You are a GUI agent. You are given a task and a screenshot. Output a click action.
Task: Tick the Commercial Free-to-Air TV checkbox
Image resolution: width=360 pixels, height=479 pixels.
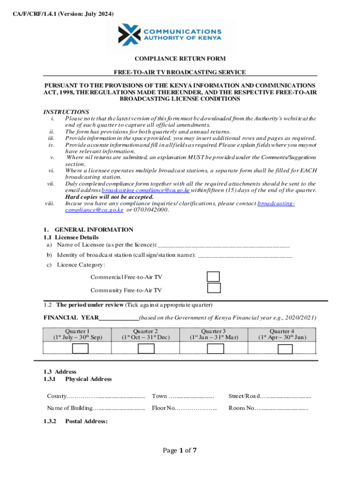(214, 276)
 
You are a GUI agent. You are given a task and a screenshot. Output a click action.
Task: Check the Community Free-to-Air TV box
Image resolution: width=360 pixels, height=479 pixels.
(214, 288)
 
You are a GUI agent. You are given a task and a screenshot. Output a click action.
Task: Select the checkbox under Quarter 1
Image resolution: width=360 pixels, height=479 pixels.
(80, 349)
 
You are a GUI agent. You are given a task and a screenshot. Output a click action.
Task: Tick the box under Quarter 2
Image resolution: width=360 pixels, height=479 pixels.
(146, 349)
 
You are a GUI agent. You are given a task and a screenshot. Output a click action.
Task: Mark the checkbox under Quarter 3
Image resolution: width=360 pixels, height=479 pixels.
(215, 349)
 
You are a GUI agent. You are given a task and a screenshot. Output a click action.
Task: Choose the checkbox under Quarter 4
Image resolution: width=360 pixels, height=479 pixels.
(285, 349)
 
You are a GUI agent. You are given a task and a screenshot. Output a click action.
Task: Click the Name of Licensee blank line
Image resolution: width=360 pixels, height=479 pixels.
(224, 245)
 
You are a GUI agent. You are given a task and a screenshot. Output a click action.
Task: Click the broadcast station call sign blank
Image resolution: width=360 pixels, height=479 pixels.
(245, 255)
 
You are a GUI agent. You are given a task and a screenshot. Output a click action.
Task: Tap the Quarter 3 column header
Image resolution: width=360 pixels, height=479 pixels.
(214, 334)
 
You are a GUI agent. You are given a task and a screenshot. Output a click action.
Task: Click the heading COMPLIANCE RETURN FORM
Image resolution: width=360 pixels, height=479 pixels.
(180, 59)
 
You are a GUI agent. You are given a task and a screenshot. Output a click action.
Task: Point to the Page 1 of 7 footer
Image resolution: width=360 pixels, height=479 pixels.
(180, 451)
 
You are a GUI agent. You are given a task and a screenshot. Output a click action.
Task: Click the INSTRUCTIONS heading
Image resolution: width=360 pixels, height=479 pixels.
(66, 112)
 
